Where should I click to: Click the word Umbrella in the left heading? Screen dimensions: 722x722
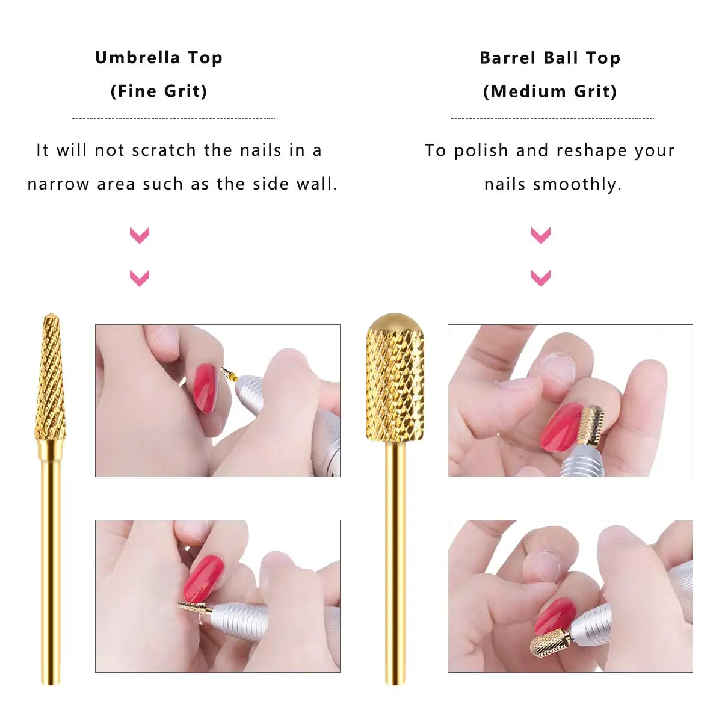138,58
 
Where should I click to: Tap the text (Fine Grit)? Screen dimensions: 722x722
159,91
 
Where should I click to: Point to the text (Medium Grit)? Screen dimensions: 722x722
550,91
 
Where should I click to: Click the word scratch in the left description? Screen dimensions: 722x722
164,150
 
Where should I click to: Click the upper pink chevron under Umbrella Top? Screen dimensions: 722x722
140,235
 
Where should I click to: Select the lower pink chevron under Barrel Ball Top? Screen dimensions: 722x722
541,278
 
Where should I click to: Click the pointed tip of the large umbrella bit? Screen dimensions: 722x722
51,314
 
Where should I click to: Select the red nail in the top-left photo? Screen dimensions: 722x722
205,388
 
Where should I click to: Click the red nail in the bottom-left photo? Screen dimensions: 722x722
203,578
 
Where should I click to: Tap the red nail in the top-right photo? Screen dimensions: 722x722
561,427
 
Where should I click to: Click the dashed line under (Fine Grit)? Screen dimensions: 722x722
173,118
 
